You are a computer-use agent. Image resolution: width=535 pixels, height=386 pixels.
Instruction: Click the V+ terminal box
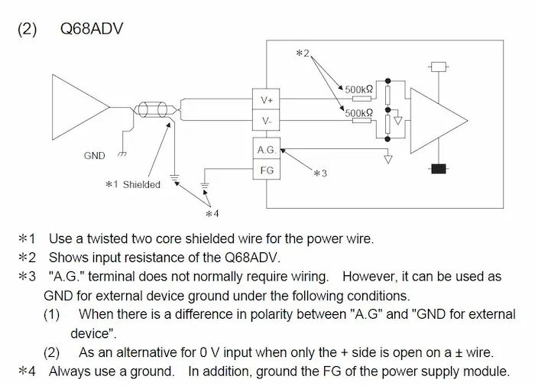coord(267,100)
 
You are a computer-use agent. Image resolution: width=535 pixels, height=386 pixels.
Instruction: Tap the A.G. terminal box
coord(267,150)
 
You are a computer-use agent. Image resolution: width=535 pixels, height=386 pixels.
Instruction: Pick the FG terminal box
coord(267,170)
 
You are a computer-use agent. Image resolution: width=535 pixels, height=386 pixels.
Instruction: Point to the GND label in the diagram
coord(95,156)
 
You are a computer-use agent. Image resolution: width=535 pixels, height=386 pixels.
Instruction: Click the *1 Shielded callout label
coord(133,184)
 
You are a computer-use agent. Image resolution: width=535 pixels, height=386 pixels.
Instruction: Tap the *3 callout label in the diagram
coord(320,174)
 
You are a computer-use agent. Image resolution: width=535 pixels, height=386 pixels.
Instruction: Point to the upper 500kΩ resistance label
coord(358,89)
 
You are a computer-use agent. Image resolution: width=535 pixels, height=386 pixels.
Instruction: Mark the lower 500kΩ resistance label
coord(358,113)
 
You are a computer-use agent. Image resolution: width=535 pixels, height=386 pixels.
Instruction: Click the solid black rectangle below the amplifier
coord(439,168)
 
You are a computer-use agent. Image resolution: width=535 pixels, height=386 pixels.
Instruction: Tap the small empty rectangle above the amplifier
coord(439,66)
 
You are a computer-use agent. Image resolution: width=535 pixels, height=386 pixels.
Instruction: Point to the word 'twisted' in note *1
coord(108,239)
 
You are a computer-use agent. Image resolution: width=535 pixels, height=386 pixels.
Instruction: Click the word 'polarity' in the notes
coord(271,313)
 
